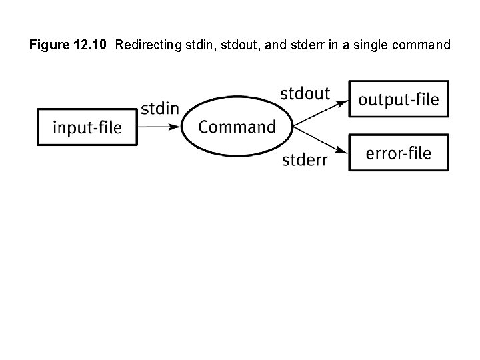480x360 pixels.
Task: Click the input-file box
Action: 87,127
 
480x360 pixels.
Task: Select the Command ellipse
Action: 237,126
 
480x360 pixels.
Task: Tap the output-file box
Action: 399,99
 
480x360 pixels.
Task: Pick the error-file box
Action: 399,153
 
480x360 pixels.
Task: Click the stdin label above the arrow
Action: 160,107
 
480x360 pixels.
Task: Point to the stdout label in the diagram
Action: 305,93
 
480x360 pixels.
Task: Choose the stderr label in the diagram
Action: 305,160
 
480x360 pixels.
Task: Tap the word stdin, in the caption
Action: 192,45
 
